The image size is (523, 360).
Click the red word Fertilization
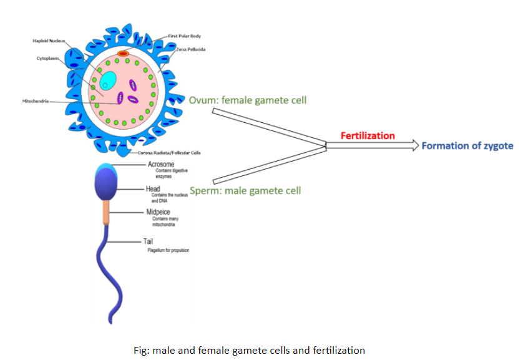click(368, 135)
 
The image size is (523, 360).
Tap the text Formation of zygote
click(467, 146)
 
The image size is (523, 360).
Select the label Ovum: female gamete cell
click(248, 100)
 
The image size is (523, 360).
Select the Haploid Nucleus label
click(49, 41)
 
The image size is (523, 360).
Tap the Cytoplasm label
click(47, 59)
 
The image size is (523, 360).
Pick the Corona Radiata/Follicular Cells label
click(169, 153)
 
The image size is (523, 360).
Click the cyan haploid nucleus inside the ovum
click(107, 80)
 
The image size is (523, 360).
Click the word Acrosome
click(160, 164)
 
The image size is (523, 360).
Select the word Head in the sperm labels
click(153, 188)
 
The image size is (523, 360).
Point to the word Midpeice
click(158, 212)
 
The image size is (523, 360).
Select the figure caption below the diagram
click(249, 350)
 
